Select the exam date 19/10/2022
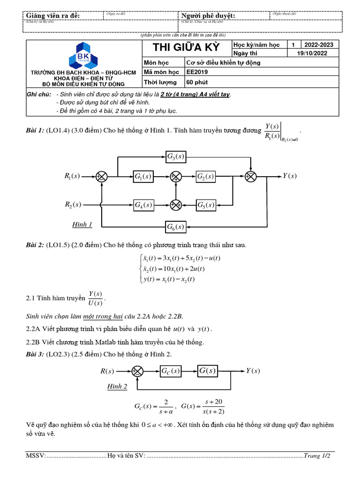point(312,53)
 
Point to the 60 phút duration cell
point(196,82)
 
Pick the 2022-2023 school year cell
point(319,45)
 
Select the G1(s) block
point(143,176)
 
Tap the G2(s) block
point(206,176)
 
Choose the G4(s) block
point(143,205)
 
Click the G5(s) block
point(206,205)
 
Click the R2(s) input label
point(73,205)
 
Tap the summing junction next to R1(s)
point(102,176)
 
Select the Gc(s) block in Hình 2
point(170,371)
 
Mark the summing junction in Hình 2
point(137,371)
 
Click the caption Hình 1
point(82,225)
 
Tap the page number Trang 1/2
point(317,456)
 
